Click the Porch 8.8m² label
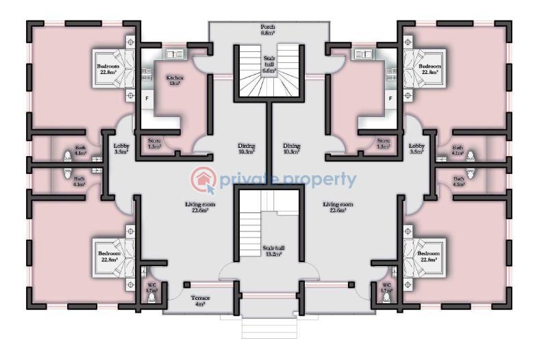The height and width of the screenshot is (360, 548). (x=267, y=29)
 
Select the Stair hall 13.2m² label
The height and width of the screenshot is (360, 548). (x=273, y=251)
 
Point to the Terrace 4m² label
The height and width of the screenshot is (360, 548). (x=201, y=300)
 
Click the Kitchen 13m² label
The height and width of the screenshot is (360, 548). (x=175, y=80)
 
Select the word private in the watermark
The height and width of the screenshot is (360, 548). (x=248, y=180)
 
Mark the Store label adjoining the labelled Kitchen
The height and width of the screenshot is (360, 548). (x=154, y=144)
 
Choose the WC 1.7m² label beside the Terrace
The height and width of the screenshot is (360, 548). (x=151, y=288)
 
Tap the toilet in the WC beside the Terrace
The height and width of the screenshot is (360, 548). (x=157, y=299)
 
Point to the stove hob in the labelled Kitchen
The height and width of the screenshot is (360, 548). (x=145, y=75)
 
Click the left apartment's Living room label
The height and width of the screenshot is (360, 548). (x=200, y=207)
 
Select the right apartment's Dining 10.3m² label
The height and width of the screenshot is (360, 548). (x=291, y=149)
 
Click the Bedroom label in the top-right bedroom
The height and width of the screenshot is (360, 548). (x=429, y=68)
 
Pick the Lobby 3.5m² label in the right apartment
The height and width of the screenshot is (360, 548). (x=416, y=149)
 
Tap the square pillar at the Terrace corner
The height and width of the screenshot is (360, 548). (x=187, y=283)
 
